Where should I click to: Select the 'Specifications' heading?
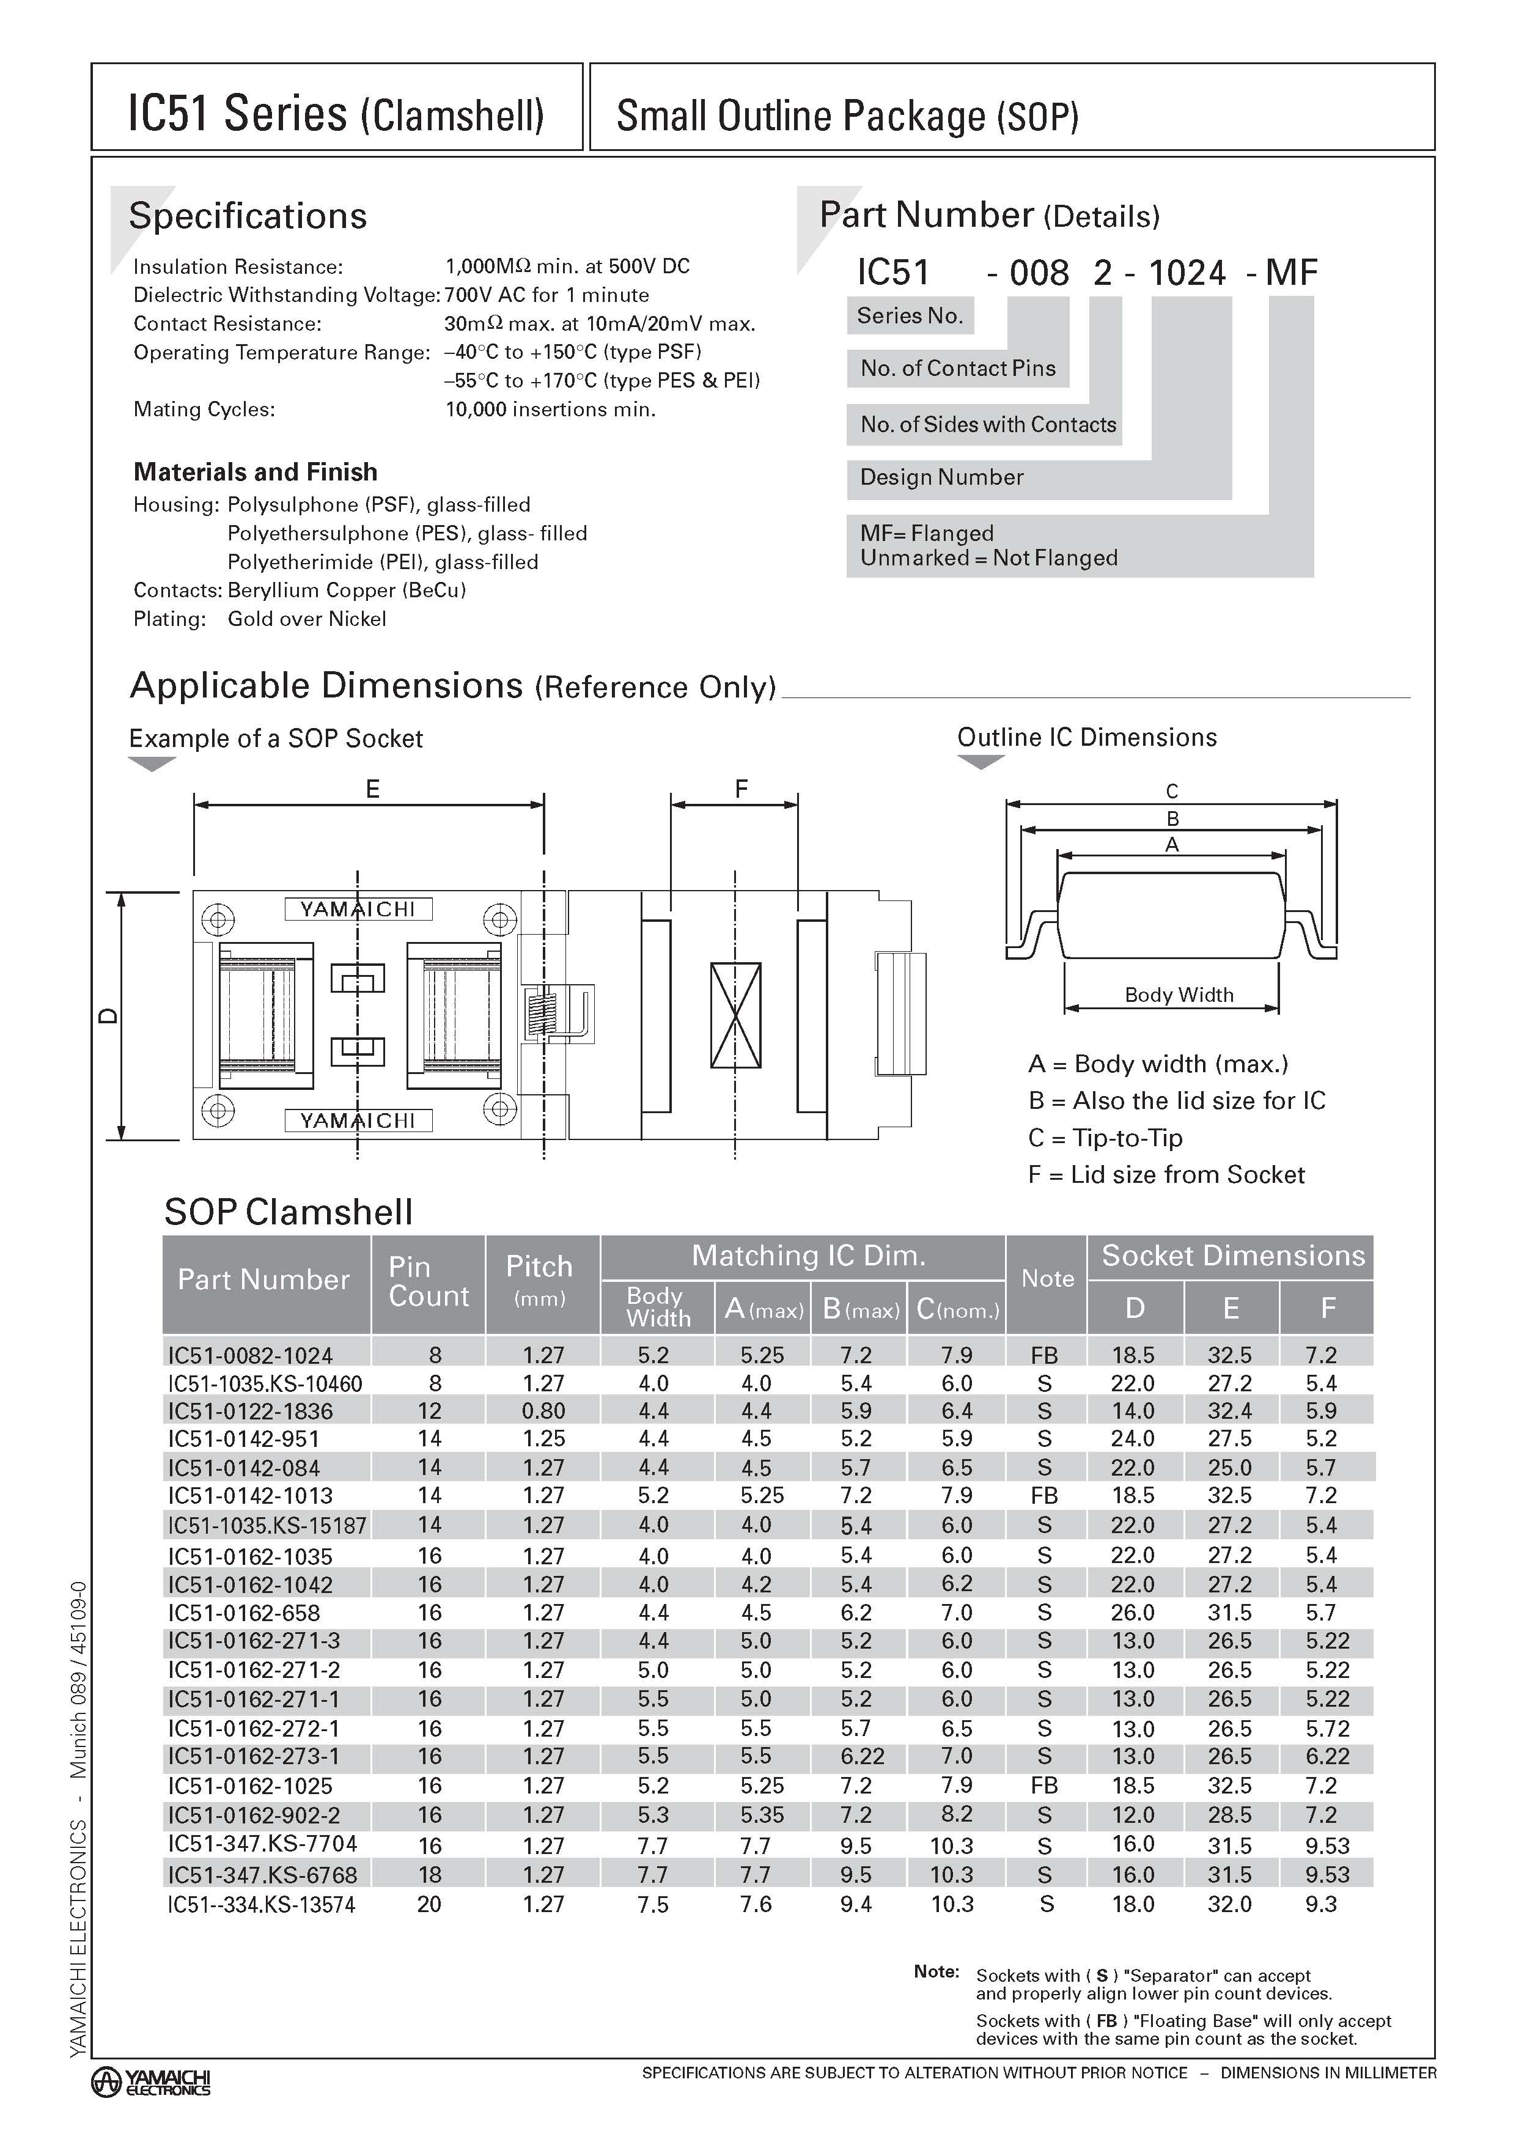[248, 216]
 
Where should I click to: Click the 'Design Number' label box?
[941, 477]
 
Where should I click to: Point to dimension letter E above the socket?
[372, 789]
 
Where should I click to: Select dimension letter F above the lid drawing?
[741, 789]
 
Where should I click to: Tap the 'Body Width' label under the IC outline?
[1179, 995]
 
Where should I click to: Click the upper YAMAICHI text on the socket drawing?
[358, 909]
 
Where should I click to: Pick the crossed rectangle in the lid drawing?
[735, 1015]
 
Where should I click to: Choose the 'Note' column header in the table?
[1047, 1278]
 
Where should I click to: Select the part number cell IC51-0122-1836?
[251, 1411]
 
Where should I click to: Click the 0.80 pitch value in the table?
[543, 1411]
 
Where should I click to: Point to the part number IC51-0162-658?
[244, 1613]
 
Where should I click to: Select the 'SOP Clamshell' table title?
[288, 1212]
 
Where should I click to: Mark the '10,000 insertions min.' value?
[550, 409]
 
